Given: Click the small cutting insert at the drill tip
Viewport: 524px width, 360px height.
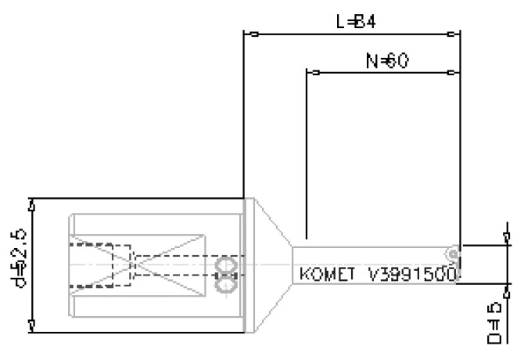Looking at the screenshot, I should coord(452,254).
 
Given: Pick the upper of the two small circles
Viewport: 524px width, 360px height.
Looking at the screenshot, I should coord(226,265).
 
